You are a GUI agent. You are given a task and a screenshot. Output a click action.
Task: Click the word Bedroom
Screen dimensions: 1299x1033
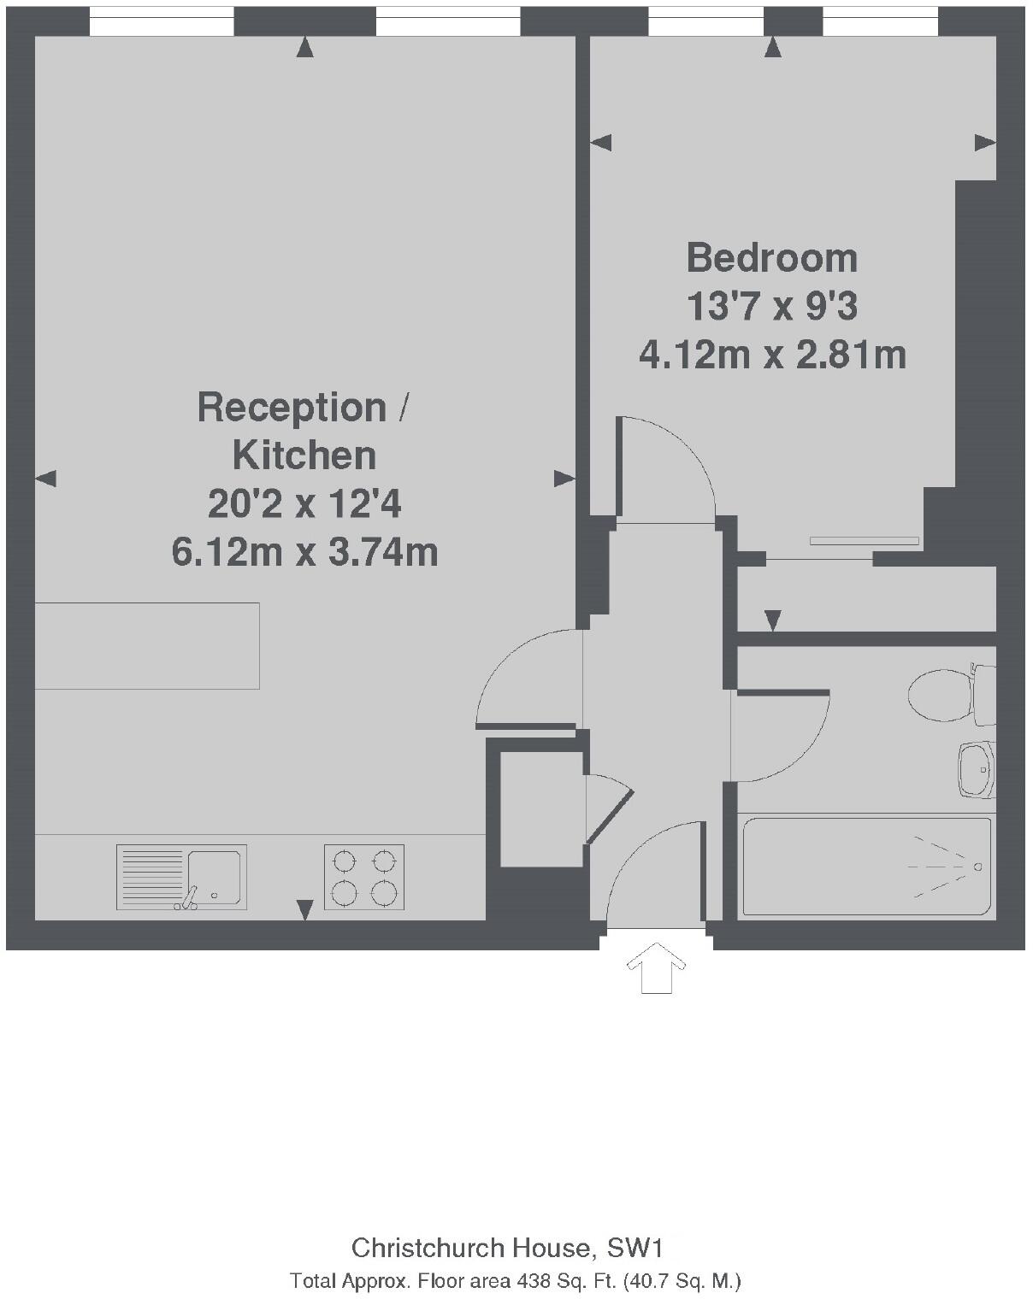tap(771, 258)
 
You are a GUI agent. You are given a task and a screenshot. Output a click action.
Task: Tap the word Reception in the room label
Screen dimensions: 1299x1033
tap(292, 408)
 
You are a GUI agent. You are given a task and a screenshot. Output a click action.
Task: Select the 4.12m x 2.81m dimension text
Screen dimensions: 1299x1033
tap(772, 354)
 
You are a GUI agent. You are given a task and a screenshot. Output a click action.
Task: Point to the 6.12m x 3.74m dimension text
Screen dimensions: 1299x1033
tap(304, 552)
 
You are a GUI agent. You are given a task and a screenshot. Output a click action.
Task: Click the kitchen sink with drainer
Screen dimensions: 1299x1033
tap(181, 877)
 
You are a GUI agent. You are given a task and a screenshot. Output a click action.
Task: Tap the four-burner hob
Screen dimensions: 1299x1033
tap(363, 877)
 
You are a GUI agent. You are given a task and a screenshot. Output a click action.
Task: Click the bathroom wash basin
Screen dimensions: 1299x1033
tap(976, 769)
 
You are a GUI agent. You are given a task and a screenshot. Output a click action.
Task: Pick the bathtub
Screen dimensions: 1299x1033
tap(866, 867)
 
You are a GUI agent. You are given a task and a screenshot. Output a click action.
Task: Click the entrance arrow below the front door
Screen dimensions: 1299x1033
tap(656, 967)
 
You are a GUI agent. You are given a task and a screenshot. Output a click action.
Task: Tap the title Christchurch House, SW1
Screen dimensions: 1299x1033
tap(507, 1248)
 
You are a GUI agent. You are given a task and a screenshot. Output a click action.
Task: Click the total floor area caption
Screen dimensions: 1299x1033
tap(515, 1281)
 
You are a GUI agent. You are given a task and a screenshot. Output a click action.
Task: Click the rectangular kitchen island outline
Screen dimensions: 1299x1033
tap(147, 645)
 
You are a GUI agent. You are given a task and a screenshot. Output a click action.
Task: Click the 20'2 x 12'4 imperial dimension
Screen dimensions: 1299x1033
tap(304, 504)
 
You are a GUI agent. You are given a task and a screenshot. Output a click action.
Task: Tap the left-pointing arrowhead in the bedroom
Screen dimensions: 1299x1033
tap(601, 142)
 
